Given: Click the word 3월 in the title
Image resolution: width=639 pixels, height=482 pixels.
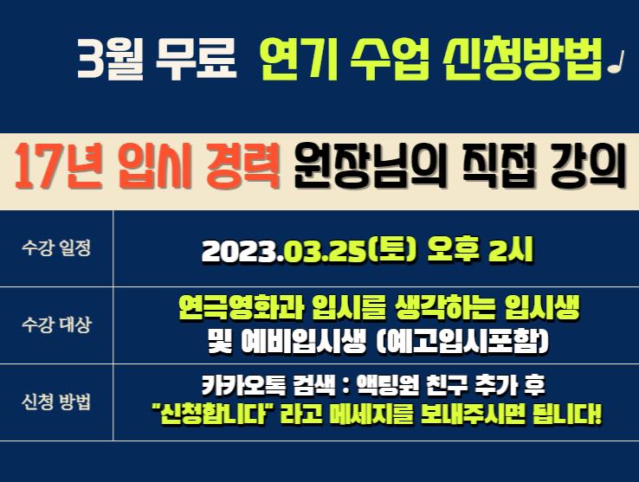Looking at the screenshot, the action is tap(110, 58).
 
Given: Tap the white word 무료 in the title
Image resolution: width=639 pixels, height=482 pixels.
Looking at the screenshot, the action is tap(196, 58).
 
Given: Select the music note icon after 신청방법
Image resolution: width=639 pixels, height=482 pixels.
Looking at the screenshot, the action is tap(616, 62).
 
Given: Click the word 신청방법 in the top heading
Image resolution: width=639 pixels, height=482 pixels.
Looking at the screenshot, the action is tap(523, 58).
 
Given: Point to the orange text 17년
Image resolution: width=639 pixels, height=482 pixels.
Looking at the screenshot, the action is tap(58, 167).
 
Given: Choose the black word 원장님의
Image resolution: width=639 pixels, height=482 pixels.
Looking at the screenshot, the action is tap(370, 167).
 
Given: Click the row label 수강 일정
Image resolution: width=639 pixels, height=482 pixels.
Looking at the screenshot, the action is tap(56, 247).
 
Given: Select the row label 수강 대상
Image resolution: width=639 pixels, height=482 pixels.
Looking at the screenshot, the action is tap(56, 325).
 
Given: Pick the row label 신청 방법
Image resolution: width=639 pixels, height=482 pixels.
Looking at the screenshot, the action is tap(56, 402).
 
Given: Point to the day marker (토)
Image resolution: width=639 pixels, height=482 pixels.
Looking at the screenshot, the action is tap(392, 250).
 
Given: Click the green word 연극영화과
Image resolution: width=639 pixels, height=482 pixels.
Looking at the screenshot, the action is tap(241, 307).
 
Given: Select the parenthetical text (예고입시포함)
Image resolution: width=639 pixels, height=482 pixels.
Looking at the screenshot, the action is tap(462, 342).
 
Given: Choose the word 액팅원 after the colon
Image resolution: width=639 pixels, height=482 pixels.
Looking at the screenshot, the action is tap(388, 384).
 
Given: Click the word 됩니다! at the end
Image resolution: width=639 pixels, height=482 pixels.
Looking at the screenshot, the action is tap(567, 414).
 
